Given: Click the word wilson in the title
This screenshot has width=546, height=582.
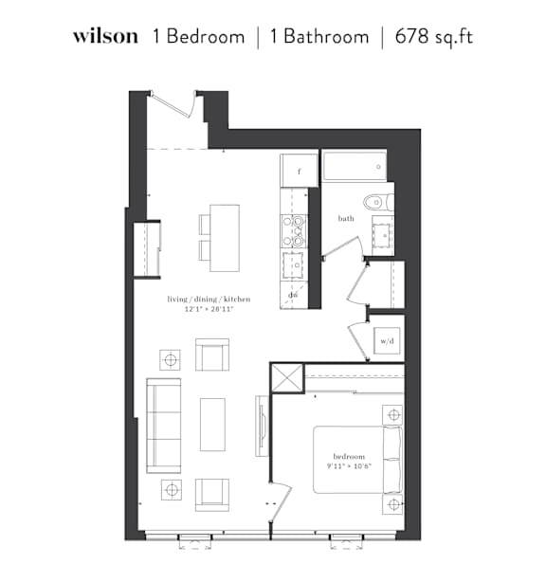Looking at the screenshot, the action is [x=105, y=36].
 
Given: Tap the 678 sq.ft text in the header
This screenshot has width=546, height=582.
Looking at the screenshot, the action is [x=434, y=37].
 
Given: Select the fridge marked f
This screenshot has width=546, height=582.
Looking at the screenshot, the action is [x=300, y=171].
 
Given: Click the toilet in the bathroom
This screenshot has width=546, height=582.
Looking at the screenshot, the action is [x=378, y=203].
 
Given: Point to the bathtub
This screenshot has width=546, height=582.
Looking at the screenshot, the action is [x=354, y=166].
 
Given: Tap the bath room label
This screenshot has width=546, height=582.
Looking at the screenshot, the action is [x=346, y=218].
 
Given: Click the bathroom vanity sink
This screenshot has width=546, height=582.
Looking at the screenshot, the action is [x=383, y=235].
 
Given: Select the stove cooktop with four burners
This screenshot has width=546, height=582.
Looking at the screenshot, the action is [x=294, y=231].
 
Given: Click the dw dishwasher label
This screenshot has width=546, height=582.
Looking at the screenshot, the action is [x=294, y=295].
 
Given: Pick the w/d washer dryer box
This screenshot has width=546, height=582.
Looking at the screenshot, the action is [x=387, y=340].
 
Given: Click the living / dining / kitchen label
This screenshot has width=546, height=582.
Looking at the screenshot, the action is [x=209, y=299].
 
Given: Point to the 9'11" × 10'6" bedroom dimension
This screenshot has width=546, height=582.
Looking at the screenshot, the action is [x=349, y=466].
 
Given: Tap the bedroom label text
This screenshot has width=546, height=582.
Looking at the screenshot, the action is [x=349, y=457].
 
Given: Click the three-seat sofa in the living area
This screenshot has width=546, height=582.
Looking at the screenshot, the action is [x=164, y=426].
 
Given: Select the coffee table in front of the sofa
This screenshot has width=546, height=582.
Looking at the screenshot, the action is [x=212, y=425].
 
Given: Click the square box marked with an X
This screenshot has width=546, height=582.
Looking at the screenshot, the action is [x=287, y=378].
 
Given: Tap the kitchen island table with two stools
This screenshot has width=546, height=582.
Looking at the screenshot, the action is [x=219, y=238].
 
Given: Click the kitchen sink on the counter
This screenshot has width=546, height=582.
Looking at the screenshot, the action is [x=293, y=265].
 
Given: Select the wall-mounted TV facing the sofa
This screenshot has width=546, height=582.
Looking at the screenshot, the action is [x=262, y=426].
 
